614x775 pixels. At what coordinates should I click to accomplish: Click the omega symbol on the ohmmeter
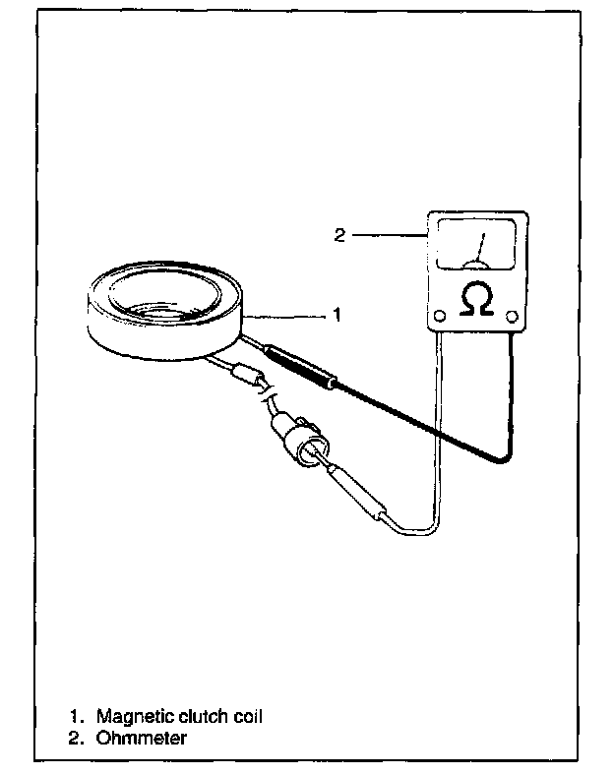[x=477, y=300]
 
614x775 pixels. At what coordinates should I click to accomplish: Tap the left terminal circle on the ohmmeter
[x=439, y=316]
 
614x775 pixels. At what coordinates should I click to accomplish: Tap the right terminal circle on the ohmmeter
[x=512, y=316]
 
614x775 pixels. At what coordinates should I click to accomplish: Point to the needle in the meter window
[x=479, y=249]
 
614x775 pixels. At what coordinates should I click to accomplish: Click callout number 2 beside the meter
[x=338, y=235]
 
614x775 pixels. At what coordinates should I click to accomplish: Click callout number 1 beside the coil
[x=337, y=316]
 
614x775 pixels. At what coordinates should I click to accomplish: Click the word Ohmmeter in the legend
[x=141, y=738]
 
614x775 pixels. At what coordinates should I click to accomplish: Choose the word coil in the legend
[x=247, y=717]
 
